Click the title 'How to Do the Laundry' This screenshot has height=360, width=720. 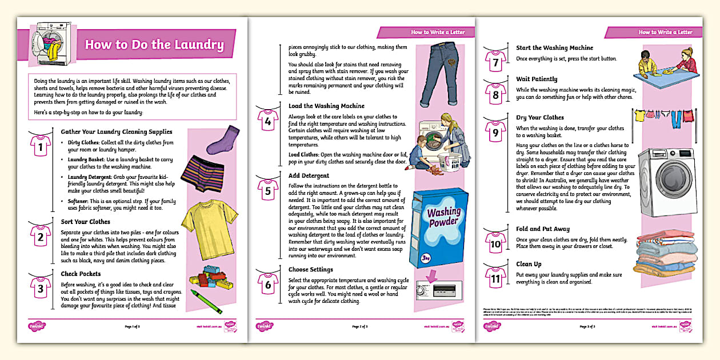pyautogui.click(x=154, y=45)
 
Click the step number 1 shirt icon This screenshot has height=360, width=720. pyautogui.click(x=41, y=147)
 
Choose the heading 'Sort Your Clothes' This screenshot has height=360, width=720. pyautogui.click(x=86, y=222)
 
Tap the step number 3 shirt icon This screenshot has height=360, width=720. pyautogui.click(x=41, y=287)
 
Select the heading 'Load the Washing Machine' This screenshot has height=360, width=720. pyautogui.click(x=326, y=106)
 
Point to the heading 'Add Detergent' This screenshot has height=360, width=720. pyautogui.click(x=309, y=175)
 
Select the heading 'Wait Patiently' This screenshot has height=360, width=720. pyautogui.click(x=537, y=79)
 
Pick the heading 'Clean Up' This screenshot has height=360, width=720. pyautogui.click(x=529, y=264)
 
